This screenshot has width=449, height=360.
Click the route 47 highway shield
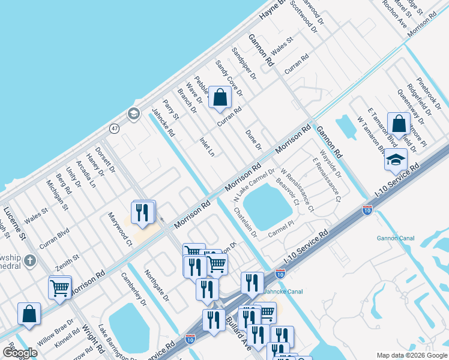tap(114, 128)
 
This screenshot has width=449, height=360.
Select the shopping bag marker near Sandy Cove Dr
tap(220, 98)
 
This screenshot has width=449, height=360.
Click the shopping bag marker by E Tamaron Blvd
tap(399, 124)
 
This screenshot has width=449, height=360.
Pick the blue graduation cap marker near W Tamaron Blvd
tap(396, 160)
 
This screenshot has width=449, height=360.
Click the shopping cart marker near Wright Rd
tap(60, 289)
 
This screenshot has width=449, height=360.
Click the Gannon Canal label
tap(395, 238)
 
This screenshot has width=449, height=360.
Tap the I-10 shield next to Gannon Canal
tap(367, 210)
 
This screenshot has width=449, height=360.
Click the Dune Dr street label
tap(254, 140)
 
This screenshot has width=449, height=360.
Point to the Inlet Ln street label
tap(206, 146)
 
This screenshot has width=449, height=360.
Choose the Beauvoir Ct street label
tap(288, 191)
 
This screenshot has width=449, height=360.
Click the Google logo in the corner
tap(20, 353)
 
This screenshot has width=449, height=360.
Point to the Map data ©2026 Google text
tap(412, 355)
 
